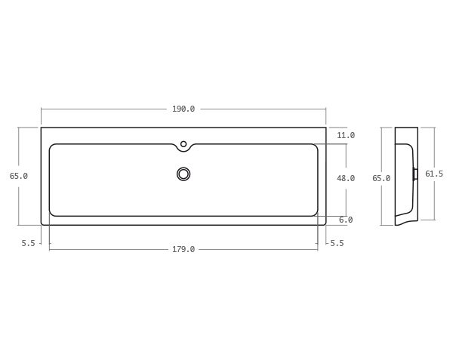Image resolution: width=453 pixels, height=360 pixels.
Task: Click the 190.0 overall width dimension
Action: [183, 109]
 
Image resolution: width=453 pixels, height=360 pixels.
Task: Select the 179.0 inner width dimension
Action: [183, 249]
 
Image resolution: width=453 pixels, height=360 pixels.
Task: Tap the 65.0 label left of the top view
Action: [19, 176]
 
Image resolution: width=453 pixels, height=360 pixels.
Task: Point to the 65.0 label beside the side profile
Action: [381, 178]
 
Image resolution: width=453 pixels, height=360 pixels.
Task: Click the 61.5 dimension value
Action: [434, 174]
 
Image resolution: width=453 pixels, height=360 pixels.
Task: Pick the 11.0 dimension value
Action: [346, 135]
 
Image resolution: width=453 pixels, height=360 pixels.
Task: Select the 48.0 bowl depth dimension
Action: [346, 178]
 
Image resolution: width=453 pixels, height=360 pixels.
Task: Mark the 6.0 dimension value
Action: [346, 220]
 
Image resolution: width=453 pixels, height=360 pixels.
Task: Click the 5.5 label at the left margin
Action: [29, 243]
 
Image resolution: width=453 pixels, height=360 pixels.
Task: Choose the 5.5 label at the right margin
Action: [337, 243]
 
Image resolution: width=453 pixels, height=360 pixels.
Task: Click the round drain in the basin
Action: [183, 174]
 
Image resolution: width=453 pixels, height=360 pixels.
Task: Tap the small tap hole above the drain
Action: [183, 143]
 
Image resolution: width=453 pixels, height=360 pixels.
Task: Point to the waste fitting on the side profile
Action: [415, 174]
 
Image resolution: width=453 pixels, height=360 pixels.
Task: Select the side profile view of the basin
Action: [405, 176]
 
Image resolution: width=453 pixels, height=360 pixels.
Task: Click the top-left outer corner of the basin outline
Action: [42, 128]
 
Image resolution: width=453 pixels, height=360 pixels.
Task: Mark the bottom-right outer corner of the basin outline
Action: [325, 225]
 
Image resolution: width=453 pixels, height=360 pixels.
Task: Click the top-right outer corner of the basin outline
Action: [326, 128]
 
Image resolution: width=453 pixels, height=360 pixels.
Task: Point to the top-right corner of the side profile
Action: [418, 128]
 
